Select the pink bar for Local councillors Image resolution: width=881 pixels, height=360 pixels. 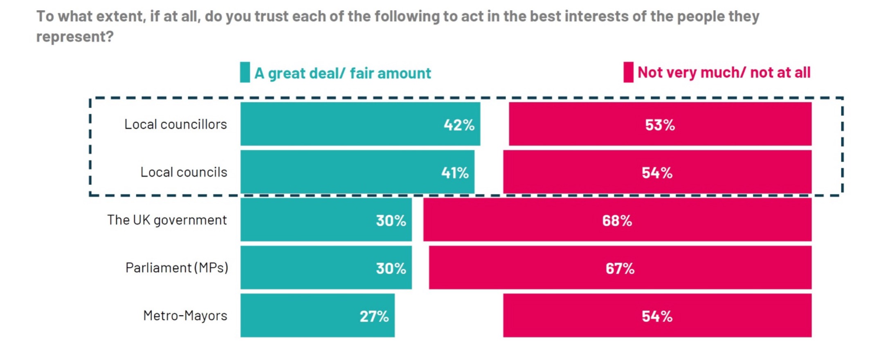(660, 124)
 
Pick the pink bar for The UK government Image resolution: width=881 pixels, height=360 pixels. (617, 220)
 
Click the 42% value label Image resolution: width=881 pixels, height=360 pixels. (459, 125)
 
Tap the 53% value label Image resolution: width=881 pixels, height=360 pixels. (660, 125)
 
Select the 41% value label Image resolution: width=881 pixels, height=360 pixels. (455, 173)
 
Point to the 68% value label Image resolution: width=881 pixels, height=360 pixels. (617, 221)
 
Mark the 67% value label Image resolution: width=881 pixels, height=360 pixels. (620, 269)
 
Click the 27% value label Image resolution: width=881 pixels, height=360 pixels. (374, 316)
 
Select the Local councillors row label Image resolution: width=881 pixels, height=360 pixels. (175, 124)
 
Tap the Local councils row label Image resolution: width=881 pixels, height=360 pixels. (184, 172)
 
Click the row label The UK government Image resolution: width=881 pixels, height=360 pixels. (167, 220)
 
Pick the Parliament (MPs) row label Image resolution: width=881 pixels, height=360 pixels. (177, 268)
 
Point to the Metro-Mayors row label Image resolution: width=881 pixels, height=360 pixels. (185, 316)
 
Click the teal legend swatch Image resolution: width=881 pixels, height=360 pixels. (245, 72)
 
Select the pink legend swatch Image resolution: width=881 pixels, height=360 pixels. (628, 72)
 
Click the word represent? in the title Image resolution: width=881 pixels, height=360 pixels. (75, 37)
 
